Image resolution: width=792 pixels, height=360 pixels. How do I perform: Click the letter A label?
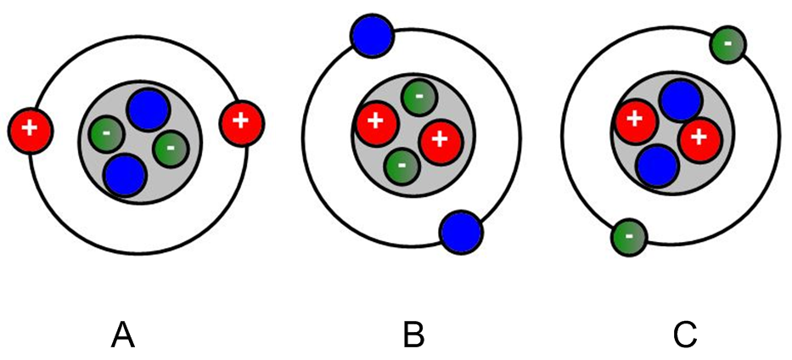pyautogui.click(x=123, y=337)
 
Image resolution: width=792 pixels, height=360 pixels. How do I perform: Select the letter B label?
pyautogui.click(x=413, y=337)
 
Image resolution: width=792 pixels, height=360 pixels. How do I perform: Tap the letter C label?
pyautogui.click(x=684, y=337)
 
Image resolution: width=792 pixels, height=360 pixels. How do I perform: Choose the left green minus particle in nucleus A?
pyautogui.click(x=106, y=133)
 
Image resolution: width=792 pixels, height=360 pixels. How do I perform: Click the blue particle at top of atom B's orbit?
pyautogui.click(x=372, y=37)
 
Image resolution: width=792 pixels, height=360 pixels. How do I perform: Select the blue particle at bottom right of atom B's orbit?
pyautogui.click(x=461, y=232)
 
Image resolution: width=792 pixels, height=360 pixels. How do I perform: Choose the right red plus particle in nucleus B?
pyautogui.click(x=440, y=139)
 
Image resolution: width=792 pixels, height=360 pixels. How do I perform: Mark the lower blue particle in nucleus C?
pyautogui.click(x=658, y=165)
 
